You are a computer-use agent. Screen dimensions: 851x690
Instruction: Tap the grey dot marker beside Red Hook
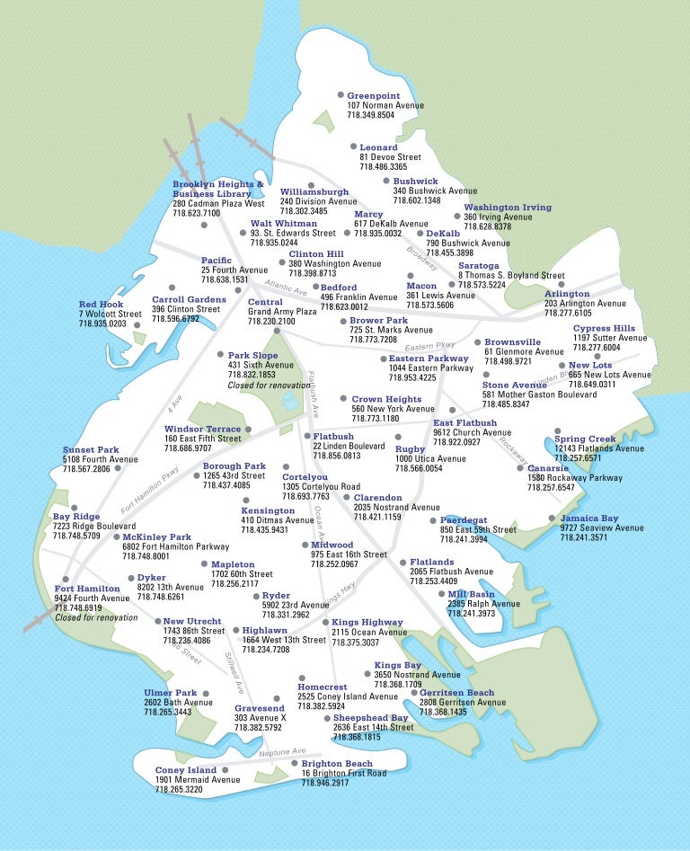point(137,314)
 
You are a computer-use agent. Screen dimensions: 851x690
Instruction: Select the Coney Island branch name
point(186,770)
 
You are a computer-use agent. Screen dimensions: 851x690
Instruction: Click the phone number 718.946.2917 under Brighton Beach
point(324,784)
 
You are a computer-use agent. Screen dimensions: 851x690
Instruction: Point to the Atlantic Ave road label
point(286,289)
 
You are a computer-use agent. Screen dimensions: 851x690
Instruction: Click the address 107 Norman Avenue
point(385,106)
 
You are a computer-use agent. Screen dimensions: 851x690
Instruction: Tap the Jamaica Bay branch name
point(589,519)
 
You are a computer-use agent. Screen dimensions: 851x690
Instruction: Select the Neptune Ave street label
point(282,752)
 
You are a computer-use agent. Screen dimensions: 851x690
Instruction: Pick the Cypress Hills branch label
point(604,328)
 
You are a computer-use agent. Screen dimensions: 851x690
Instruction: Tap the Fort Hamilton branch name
point(87,589)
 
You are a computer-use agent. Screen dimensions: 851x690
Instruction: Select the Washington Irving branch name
point(508,208)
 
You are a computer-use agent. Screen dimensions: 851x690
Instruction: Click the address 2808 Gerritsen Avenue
point(462,703)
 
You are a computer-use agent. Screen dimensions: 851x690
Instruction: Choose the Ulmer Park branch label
point(170,693)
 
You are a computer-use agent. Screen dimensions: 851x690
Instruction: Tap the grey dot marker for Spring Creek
point(557,430)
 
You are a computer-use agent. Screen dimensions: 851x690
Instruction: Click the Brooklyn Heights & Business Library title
point(218,189)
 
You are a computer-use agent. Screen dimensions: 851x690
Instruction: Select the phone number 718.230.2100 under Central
point(271,322)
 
